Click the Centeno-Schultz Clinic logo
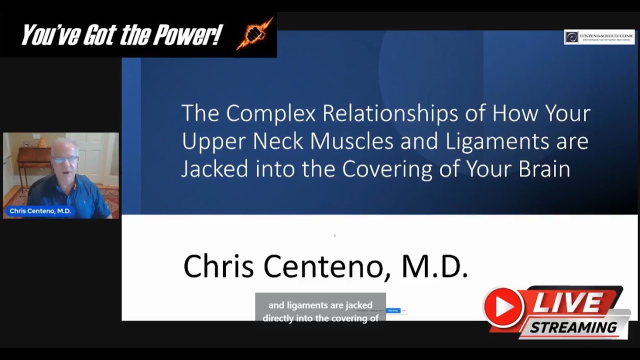click(x=599, y=37)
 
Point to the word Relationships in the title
click(x=390, y=114)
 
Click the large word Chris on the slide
click(x=219, y=266)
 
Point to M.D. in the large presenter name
click(x=434, y=266)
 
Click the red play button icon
click(x=504, y=306)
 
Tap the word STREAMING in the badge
click(x=573, y=327)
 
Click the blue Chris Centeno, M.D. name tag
click(x=40, y=211)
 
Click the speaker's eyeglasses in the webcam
click(x=65, y=160)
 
